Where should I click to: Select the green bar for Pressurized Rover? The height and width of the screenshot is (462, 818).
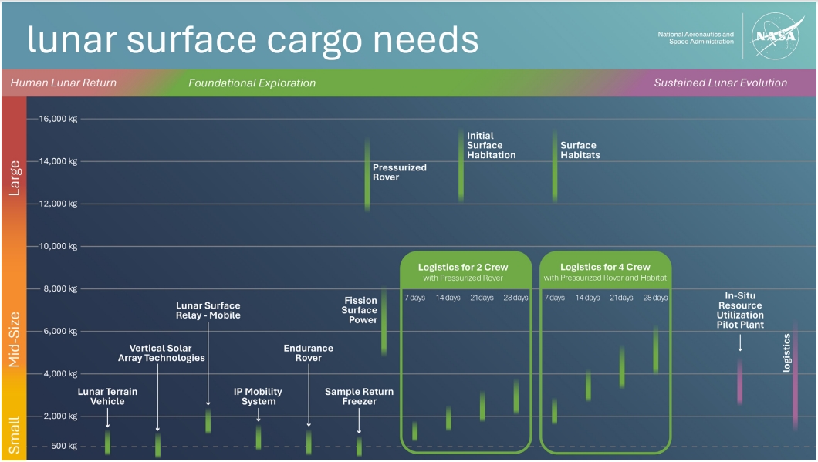pos(367,174)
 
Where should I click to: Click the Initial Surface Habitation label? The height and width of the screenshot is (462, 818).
pos(491,145)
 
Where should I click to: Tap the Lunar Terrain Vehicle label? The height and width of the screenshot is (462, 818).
pos(107,396)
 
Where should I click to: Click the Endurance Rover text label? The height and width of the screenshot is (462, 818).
pos(308,352)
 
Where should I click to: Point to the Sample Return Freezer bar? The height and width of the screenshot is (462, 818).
pos(359,446)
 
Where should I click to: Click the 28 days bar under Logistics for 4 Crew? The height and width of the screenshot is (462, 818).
pos(656,349)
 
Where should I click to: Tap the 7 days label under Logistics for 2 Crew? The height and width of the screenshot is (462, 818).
pos(414,298)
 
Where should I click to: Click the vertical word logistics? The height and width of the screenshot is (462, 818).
pos(786,353)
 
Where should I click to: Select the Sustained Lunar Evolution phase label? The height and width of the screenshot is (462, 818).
pos(720,83)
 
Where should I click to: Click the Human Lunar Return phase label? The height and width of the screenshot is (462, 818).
pos(63,83)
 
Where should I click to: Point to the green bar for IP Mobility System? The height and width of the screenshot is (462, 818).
pos(259,437)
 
